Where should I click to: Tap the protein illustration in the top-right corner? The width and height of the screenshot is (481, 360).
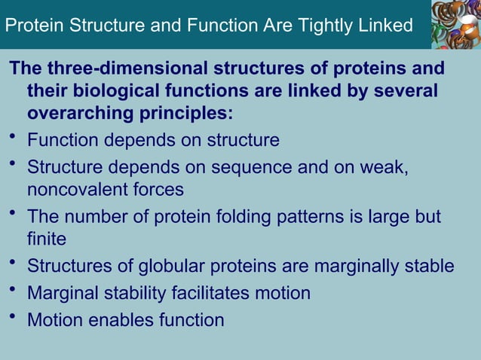[x=455, y=24]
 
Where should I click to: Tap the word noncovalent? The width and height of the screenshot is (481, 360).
[x=78, y=189]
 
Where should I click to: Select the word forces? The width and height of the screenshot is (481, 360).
[x=158, y=189]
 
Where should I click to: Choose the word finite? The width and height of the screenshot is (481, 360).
[x=47, y=240]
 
